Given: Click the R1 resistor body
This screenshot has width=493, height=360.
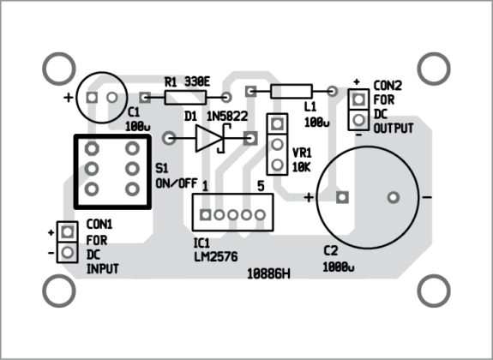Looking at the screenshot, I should [185, 99].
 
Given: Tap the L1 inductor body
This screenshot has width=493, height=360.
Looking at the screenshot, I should [291, 91].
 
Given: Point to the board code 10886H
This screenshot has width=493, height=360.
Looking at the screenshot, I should [268, 273].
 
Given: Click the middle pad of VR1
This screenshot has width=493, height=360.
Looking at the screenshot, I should [277, 144].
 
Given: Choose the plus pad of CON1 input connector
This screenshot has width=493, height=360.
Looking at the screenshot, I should [66, 233].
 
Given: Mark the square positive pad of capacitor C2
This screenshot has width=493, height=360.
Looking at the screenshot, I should [342, 198].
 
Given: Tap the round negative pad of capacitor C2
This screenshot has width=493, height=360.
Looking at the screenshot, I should [393, 198].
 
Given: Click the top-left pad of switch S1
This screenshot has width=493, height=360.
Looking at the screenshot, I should [92, 149].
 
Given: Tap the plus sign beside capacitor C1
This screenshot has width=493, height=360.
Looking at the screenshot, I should [68, 98].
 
